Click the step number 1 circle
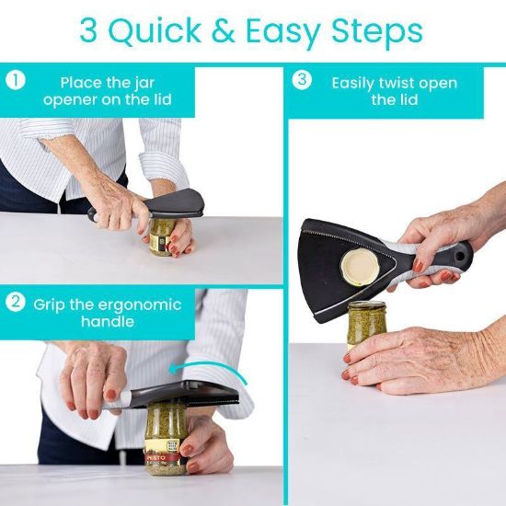15,80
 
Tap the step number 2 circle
15,303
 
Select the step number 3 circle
302,80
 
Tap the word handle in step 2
108,322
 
